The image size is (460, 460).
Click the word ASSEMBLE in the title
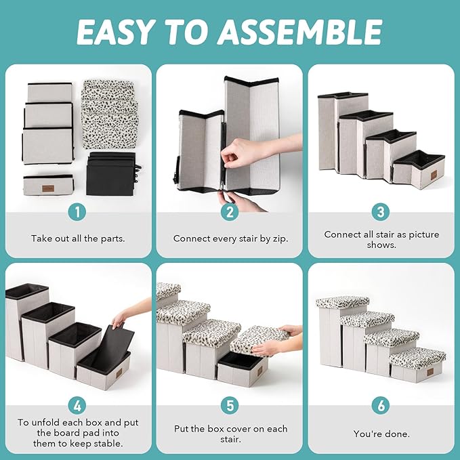[x=301, y=32]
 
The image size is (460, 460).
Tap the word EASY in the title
[x=114, y=32]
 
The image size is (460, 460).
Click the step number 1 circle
[x=77, y=212]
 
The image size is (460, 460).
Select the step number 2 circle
[x=230, y=212]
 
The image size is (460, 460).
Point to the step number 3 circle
[x=381, y=212]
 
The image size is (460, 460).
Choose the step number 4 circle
[x=77, y=406]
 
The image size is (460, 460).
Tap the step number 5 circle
[x=230, y=406]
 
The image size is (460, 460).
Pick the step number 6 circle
[x=381, y=406]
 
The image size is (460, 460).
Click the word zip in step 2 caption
[x=280, y=238]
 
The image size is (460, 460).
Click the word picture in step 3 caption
[x=424, y=235]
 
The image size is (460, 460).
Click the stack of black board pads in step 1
[x=112, y=173]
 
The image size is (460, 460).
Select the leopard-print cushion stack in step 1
[x=110, y=114]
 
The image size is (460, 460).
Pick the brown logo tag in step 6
[x=430, y=373]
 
